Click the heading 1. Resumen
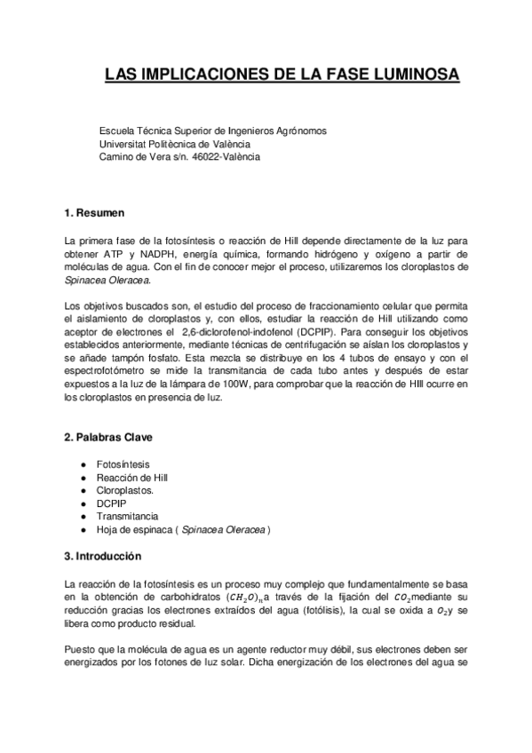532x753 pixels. (x=95, y=213)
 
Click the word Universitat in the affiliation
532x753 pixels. (x=123, y=144)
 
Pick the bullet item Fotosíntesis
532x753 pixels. (x=123, y=464)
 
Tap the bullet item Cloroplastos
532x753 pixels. (x=125, y=490)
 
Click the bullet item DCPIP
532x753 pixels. (x=112, y=503)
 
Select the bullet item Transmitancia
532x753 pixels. (x=128, y=516)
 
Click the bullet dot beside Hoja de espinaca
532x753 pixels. (x=83, y=529)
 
